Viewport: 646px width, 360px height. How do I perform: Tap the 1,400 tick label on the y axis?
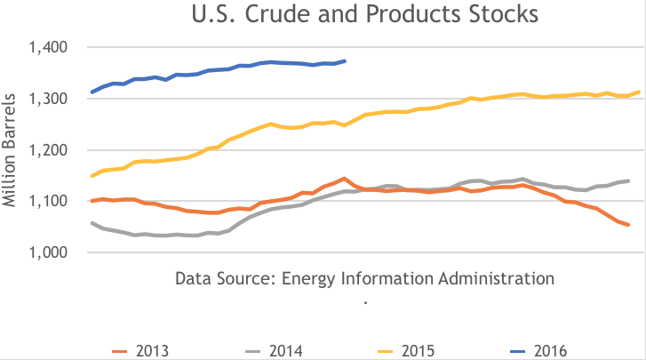coord(54,47)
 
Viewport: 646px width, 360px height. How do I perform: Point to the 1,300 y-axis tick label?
coord(54,99)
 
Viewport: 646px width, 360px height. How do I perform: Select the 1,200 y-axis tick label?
coord(54,150)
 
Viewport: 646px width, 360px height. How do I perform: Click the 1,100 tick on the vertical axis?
coord(54,202)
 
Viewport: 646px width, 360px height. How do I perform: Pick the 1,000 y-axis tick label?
coord(54,253)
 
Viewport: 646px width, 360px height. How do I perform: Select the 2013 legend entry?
coord(146,350)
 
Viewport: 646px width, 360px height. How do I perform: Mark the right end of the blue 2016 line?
coord(345,61)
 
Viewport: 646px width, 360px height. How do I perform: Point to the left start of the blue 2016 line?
coord(92,92)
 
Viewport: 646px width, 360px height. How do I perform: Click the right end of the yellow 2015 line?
coord(640,92)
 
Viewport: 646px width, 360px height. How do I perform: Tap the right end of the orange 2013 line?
coord(628,225)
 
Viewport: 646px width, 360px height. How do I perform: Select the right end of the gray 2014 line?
coord(628,180)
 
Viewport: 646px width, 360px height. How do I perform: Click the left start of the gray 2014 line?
coord(92,223)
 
